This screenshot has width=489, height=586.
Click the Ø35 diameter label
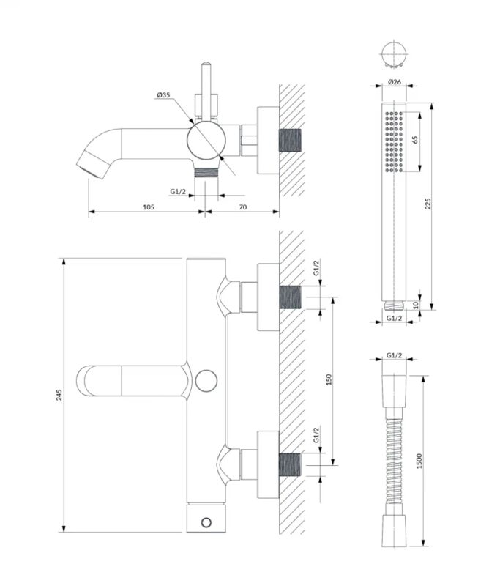click(x=163, y=95)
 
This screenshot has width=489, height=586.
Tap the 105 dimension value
click(x=148, y=208)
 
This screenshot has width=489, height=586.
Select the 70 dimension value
click(x=243, y=208)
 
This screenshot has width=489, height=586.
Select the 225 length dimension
click(x=429, y=204)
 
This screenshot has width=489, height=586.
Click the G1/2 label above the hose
click(x=394, y=357)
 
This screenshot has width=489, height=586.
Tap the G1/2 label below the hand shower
click(x=394, y=319)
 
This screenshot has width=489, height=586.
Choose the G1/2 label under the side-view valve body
click(x=178, y=192)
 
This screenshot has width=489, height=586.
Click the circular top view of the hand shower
click(x=394, y=54)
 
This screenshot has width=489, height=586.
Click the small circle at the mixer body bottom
click(x=207, y=521)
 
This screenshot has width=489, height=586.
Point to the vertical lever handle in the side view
click(x=206, y=92)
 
